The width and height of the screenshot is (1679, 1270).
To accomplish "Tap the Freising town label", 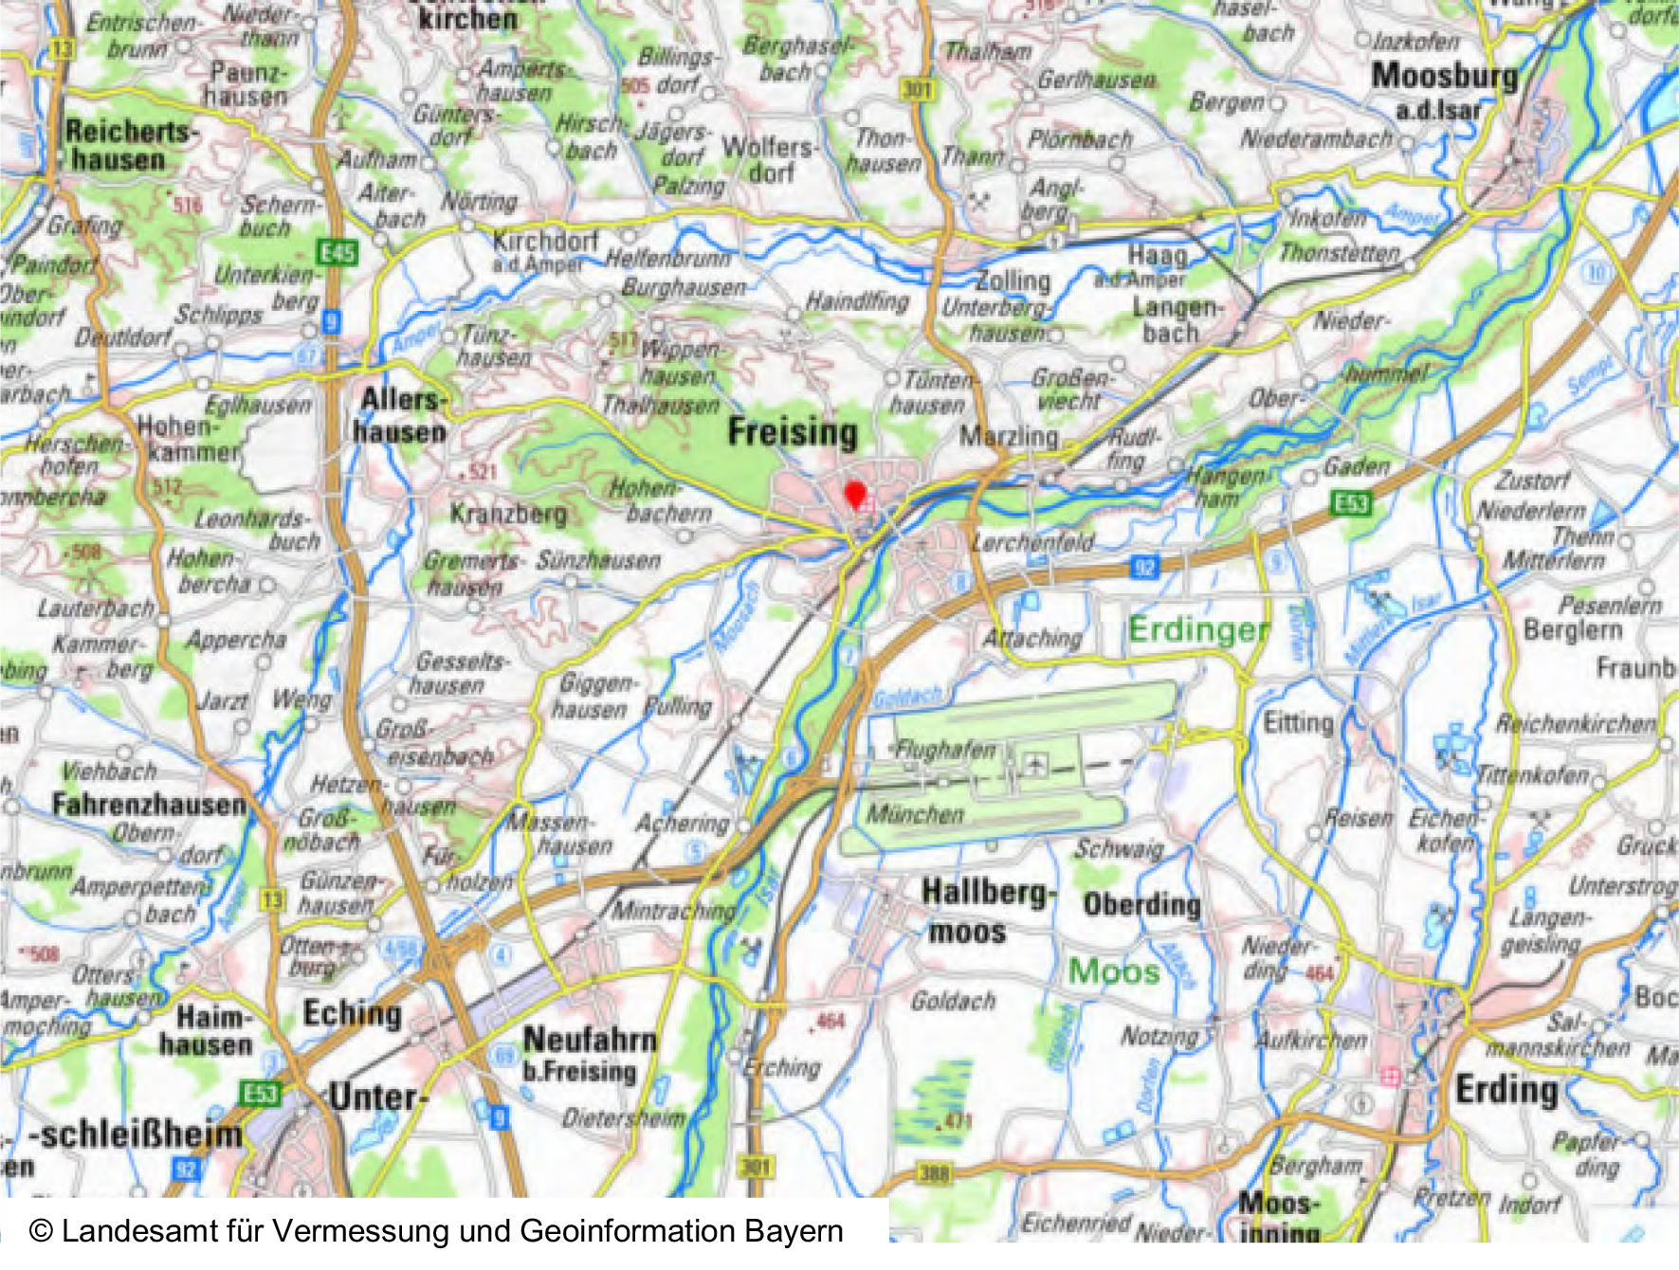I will pos(793,432).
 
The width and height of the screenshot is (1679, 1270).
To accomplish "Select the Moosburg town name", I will pos(1444,76).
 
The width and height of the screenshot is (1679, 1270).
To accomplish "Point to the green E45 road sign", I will pos(338,252).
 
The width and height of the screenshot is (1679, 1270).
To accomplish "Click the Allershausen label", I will pos(399,415).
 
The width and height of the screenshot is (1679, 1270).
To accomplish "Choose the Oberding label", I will pos(1141,905).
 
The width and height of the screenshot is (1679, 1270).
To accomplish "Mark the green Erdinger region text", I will pos(1198,629).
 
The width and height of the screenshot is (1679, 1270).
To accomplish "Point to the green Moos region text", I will pos(1114,971).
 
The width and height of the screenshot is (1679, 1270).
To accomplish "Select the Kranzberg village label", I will pos(508,515).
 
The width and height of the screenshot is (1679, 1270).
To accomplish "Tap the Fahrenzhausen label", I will pos(149,805).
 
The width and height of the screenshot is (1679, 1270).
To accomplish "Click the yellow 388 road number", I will pos(934,1173).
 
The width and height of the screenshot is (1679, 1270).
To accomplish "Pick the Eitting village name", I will pos(1298,723).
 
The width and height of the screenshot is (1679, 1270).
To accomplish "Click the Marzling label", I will pos(1008,437).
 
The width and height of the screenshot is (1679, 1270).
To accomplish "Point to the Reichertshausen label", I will pos(128,145).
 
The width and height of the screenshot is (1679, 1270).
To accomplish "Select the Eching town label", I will pos(352,1013).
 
